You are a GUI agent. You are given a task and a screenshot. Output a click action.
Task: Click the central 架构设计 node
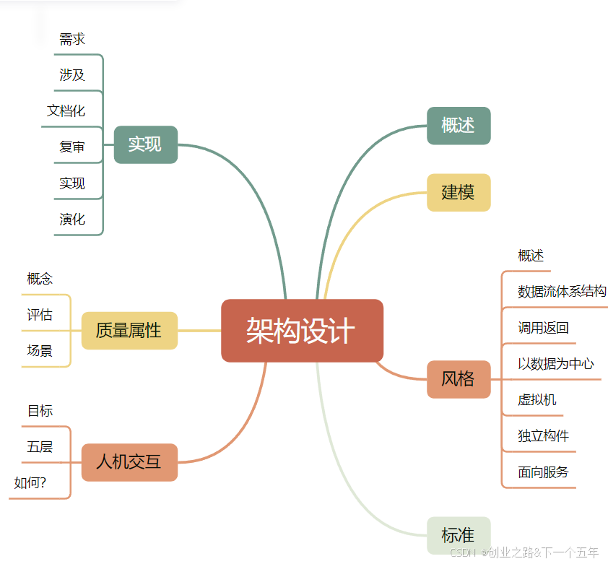302,331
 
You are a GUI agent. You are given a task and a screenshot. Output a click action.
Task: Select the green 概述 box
459,126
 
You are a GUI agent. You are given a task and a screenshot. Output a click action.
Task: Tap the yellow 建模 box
459,193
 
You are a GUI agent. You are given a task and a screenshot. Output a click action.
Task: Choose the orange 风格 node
459,379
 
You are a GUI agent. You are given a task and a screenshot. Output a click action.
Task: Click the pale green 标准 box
459,536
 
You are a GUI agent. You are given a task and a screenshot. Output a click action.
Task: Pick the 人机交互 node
129,462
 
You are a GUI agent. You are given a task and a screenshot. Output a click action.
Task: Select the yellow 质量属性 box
129,331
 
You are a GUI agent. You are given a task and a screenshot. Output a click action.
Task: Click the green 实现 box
145,144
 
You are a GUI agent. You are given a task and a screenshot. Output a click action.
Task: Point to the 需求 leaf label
72,39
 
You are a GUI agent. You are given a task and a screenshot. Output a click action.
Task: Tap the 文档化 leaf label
66,111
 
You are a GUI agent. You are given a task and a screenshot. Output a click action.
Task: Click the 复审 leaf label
72,147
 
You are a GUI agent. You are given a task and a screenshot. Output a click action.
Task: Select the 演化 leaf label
72,220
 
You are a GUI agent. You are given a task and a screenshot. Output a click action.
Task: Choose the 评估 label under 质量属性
40,315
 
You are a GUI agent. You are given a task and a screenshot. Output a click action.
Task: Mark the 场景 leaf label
40,351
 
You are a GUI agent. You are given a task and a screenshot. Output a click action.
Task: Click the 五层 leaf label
40,447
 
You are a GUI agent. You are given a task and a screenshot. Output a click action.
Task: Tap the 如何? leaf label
30,483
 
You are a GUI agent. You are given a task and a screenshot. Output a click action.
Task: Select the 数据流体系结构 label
562,292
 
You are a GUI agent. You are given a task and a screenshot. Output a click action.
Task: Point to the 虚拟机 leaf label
537,400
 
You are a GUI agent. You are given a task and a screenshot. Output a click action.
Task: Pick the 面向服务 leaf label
543,472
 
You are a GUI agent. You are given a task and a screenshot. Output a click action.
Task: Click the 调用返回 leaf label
543,328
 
